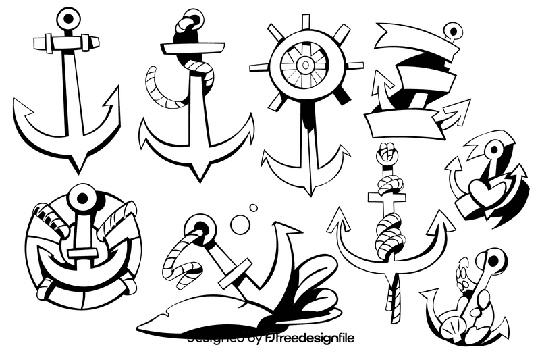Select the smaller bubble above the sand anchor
pos(254,208)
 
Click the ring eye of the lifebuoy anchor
pos(84,197)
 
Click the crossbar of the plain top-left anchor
pos(66,43)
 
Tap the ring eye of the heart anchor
pos(495,150)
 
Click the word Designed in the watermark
pos(215,338)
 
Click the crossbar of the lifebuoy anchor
pos(84,255)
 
